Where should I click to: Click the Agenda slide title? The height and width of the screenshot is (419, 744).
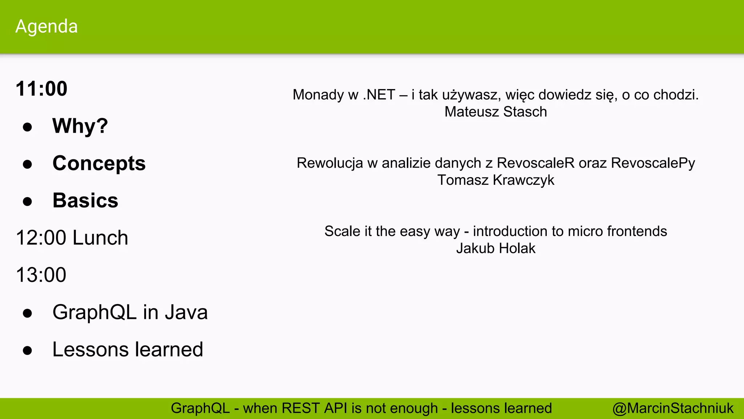click(46, 27)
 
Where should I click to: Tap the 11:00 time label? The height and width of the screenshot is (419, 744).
click(41, 89)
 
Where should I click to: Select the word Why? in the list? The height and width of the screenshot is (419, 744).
click(80, 126)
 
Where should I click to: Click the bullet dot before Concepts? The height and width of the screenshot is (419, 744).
click(27, 164)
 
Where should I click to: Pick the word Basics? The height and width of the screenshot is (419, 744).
click(85, 200)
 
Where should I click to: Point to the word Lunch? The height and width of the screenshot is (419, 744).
click(100, 238)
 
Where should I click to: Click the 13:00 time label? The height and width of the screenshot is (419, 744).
click(41, 275)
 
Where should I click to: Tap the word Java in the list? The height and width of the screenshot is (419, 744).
click(186, 312)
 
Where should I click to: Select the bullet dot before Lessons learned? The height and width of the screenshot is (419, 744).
click(27, 351)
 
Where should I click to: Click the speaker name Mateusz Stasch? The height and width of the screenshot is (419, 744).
click(496, 112)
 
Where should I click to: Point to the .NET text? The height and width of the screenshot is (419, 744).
click(379, 95)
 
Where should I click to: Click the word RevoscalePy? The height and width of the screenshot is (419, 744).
click(653, 163)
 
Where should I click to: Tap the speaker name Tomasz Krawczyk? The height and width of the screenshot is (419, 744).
click(496, 180)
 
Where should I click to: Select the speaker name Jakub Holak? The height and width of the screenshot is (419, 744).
click(496, 249)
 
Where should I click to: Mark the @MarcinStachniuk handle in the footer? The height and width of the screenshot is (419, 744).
click(673, 408)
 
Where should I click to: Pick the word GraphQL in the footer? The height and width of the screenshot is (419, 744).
click(200, 408)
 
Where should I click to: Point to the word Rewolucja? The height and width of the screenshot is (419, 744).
click(329, 163)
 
